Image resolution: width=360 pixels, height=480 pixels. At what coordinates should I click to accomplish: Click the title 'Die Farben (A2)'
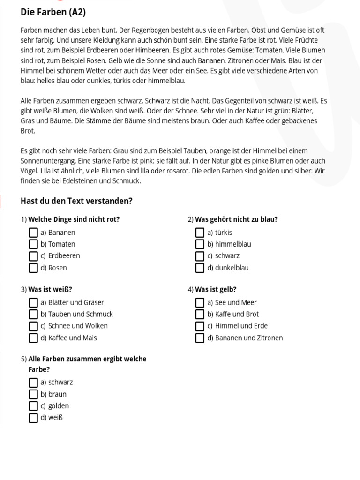[x=53, y=12]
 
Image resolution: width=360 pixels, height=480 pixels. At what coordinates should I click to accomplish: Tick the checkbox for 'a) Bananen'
[x=33, y=232]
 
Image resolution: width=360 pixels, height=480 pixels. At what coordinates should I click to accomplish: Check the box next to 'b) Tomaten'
[x=33, y=244]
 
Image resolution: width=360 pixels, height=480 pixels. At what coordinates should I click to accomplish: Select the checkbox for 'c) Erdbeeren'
[x=33, y=256]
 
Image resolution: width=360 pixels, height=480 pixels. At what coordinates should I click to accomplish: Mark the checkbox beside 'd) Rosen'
[x=33, y=268]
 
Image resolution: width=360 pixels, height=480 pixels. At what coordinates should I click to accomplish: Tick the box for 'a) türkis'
[x=200, y=232]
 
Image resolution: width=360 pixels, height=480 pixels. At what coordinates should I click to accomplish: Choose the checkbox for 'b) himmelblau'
[x=200, y=244]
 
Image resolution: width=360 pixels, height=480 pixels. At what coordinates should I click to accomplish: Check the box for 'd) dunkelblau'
[x=200, y=268]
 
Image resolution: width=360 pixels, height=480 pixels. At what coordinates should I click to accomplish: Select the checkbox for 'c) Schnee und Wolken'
[x=33, y=326]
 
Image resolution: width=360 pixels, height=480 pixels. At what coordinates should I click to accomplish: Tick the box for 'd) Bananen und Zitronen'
[x=200, y=338]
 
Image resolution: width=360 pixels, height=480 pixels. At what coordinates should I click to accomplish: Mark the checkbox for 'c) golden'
[x=33, y=406]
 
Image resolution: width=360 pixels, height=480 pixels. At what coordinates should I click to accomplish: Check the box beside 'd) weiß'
[x=33, y=418]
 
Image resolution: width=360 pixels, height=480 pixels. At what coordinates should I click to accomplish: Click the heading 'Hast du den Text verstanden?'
[x=76, y=201]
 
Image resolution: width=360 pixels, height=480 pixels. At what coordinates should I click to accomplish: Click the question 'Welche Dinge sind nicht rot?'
[x=74, y=219]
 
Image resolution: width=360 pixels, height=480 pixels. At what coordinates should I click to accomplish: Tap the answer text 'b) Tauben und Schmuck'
[x=77, y=314]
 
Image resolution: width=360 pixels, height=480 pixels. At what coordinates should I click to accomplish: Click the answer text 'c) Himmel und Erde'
[x=238, y=326]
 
